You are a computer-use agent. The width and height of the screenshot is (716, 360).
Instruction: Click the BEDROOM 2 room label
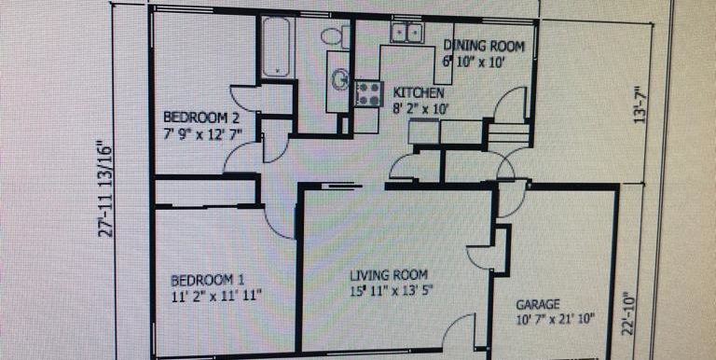pos(201,118)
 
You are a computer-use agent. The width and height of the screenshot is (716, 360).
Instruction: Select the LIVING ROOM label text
pos(389,275)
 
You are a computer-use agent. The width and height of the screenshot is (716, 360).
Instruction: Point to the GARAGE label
pos(537,304)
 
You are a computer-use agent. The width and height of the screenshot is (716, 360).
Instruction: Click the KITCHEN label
pos(419,92)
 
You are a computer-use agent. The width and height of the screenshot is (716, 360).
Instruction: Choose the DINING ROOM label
pos(484,46)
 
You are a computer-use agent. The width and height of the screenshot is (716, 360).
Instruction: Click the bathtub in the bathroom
pos(276,47)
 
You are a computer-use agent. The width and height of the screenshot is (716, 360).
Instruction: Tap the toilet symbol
pos(336,36)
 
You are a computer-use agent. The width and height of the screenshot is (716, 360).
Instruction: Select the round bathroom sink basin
pos(339,79)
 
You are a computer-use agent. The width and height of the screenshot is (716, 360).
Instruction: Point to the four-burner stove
pos(368,93)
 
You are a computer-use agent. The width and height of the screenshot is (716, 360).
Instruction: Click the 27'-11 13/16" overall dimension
pos(106,191)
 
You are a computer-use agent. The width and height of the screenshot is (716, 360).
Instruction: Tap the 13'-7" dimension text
pos(640,104)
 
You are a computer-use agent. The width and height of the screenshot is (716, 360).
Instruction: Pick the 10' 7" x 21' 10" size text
pos(556,319)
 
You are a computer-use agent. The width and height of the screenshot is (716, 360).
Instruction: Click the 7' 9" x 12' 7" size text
pos(202,134)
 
